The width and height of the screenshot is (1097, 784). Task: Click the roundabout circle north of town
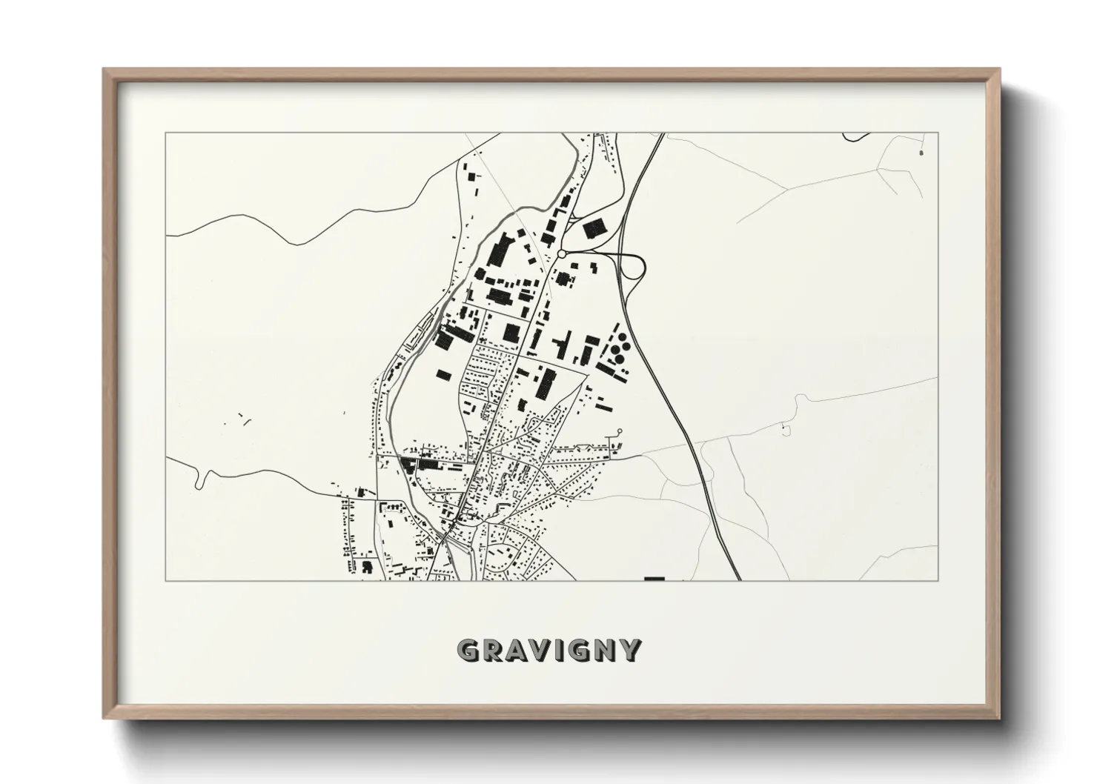[561, 253]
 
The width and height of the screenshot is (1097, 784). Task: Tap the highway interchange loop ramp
[635, 267]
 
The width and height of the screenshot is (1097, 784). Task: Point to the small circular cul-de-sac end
[620, 431]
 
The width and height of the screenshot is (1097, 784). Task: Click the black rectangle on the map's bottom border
[654, 578]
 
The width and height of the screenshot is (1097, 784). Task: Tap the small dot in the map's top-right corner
[921, 153]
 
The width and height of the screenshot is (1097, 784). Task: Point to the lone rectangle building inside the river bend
[443, 374]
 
